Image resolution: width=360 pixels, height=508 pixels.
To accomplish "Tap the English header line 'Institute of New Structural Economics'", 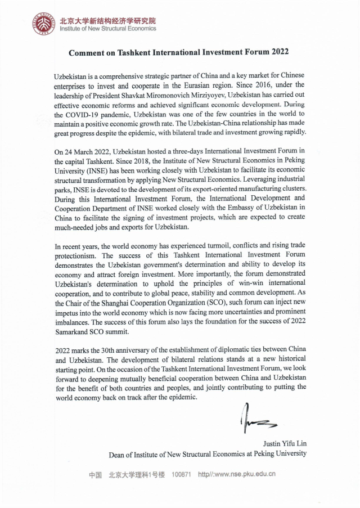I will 108,29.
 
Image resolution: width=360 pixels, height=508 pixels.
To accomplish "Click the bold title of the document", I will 178,52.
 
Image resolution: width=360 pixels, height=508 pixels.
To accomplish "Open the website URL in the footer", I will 237,474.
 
